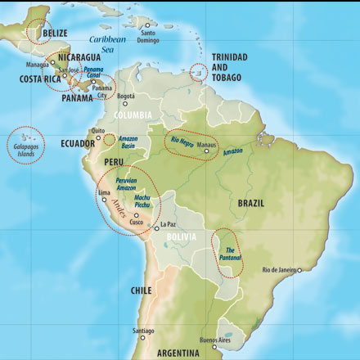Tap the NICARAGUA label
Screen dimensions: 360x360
pyautogui.click(x=78, y=58)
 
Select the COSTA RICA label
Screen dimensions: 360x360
pyautogui.click(x=39, y=79)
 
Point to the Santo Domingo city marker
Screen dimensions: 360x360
pyautogui.click(x=147, y=25)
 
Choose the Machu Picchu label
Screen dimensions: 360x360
pyautogui.click(x=142, y=201)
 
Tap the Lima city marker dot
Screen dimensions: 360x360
pyautogui.click(x=103, y=200)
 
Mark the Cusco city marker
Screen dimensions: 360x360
pyautogui.click(x=136, y=214)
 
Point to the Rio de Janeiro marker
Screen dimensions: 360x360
pyautogui.click(x=299, y=270)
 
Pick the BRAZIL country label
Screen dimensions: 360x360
pyautogui.click(x=252, y=202)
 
